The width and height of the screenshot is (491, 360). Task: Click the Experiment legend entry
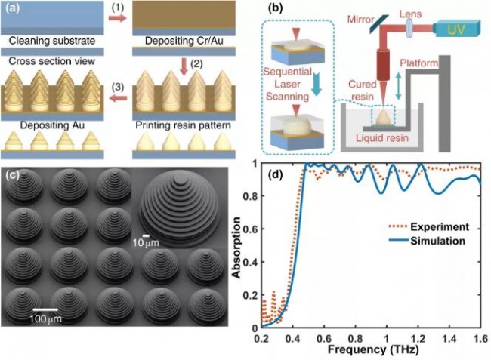[440, 226]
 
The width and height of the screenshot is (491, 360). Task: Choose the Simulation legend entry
[440, 242]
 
